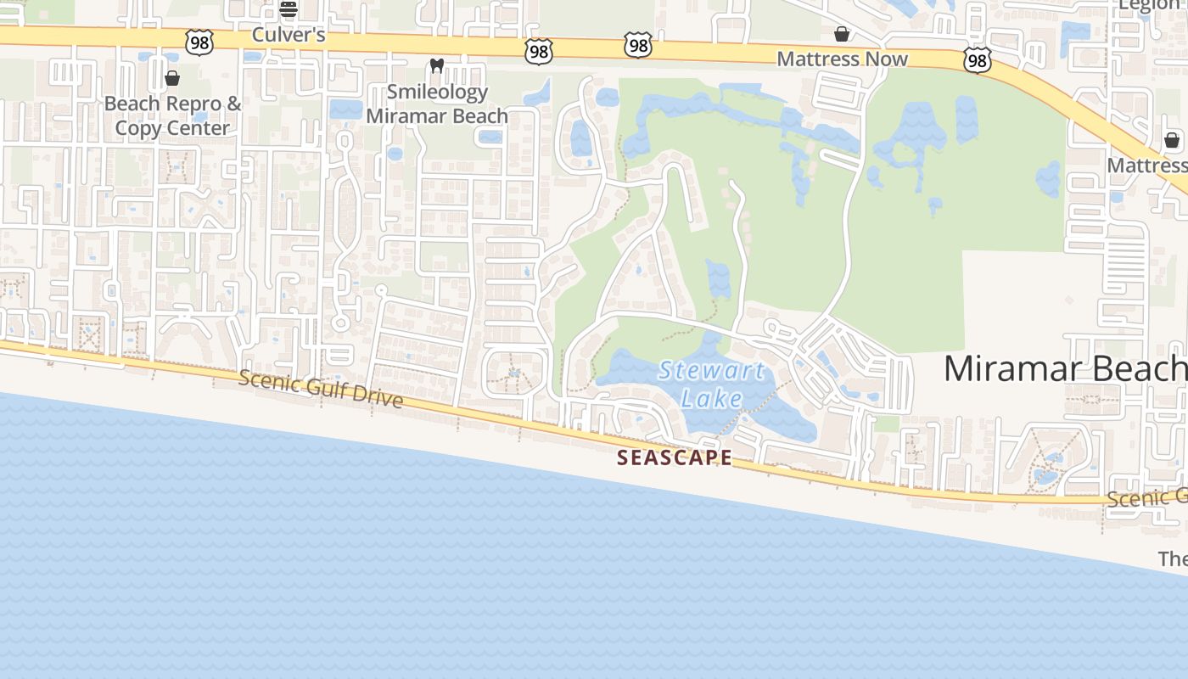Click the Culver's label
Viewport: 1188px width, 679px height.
(289, 35)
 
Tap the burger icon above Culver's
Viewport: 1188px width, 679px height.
(289, 9)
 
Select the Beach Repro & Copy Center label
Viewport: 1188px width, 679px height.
(173, 116)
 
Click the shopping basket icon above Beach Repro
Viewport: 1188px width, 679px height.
(172, 79)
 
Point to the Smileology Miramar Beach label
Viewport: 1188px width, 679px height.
(437, 104)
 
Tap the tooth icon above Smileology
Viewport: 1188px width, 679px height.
(437, 65)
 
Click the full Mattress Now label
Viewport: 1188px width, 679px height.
(842, 59)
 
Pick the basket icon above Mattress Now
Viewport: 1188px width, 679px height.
(842, 34)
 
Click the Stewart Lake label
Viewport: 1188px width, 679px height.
(711, 384)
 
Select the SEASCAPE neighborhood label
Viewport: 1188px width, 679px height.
(675, 457)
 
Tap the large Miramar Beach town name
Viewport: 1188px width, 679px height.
(1065, 368)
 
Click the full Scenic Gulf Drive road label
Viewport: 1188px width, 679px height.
(321, 389)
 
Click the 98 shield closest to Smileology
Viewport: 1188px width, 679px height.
(539, 51)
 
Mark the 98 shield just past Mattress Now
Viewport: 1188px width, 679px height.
(978, 59)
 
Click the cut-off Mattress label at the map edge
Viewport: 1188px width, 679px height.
(1146, 165)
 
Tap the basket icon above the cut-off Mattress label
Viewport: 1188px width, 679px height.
(1172, 140)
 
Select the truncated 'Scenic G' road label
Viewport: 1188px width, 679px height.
(1146, 498)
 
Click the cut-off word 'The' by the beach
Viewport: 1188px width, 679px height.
(1173, 558)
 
